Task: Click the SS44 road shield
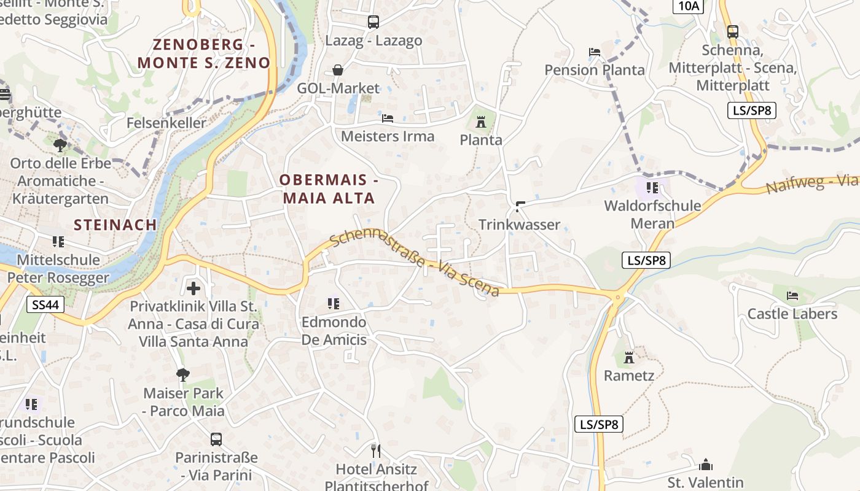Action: (x=46, y=304)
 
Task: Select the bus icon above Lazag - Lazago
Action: (x=373, y=22)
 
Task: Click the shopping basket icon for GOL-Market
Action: (x=338, y=70)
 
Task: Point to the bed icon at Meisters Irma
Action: (x=388, y=118)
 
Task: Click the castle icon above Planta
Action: (x=481, y=122)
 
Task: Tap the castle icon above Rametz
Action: (x=628, y=357)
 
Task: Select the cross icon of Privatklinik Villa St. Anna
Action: (x=193, y=288)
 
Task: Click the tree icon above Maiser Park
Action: (x=183, y=374)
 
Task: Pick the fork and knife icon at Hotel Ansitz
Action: (x=376, y=451)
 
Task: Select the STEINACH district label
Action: (x=115, y=225)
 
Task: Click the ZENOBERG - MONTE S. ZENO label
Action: (x=203, y=53)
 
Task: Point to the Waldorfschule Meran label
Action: (x=652, y=214)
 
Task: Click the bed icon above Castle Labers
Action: (x=792, y=296)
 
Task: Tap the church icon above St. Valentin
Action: (x=706, y=464)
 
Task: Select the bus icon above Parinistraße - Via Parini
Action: (x=216, y=439)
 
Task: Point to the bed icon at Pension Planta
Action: (x=594, y=52)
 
